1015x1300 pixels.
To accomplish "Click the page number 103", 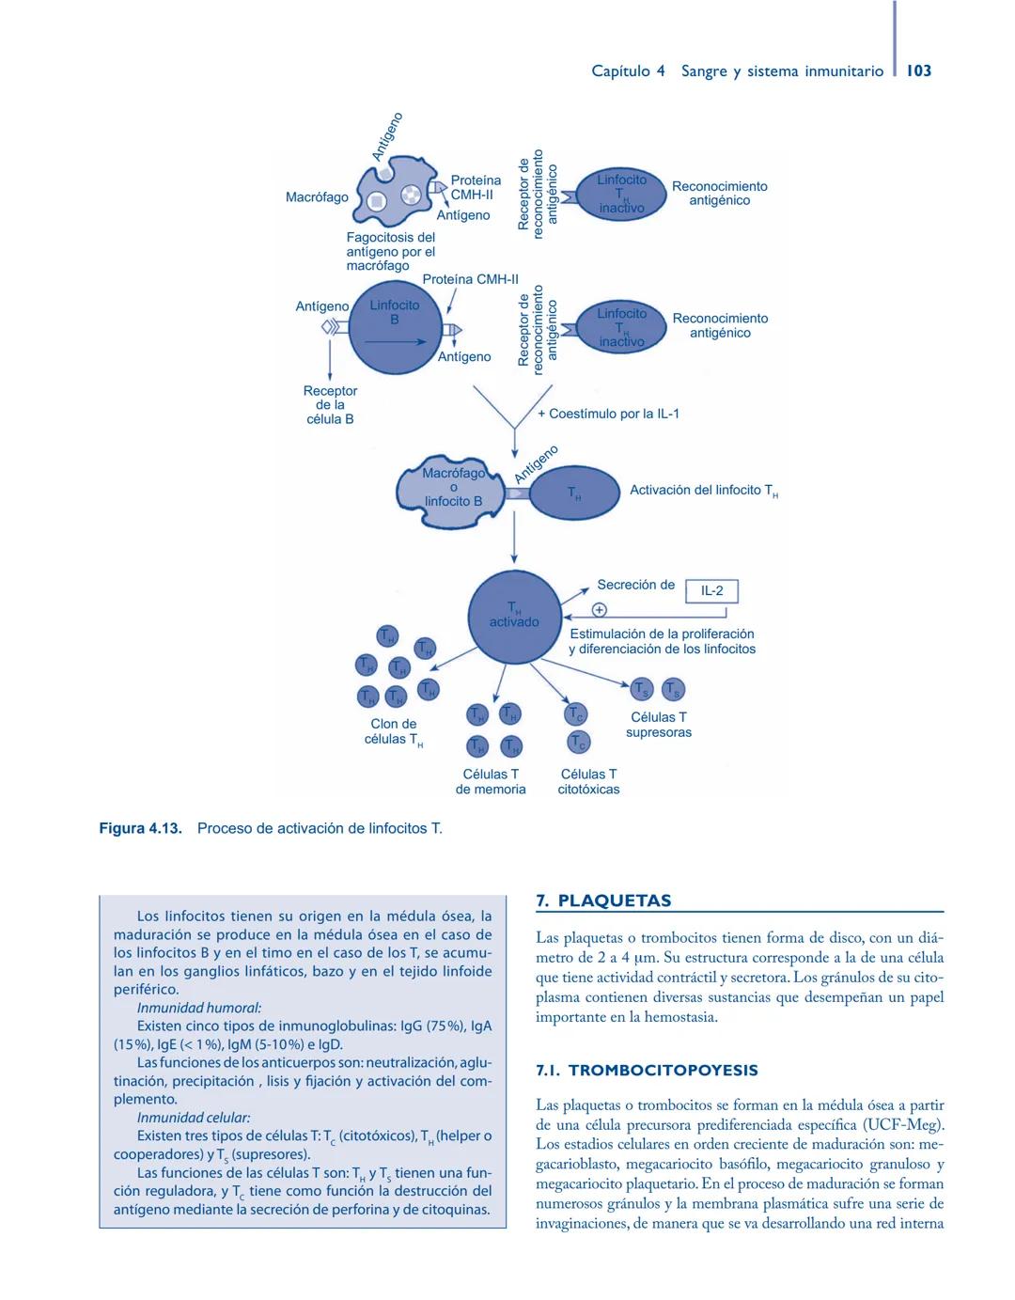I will [919, 70].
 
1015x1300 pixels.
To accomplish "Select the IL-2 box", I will [711, 591].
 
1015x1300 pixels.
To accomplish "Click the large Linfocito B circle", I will [396, 328].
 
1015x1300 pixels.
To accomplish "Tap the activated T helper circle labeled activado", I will [514, 616].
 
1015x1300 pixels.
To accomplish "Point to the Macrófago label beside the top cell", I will [317, 197].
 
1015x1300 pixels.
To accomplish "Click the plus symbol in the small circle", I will [599, 610].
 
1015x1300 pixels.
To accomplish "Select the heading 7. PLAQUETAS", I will [603, 901].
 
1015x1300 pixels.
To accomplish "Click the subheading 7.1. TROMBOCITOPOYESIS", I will [647, 1071].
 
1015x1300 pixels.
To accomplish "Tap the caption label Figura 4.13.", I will [140, 828].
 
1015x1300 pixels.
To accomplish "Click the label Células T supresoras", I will [659, 725].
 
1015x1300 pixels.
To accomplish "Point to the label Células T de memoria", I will [491, 781].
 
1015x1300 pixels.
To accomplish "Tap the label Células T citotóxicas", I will [588, 781].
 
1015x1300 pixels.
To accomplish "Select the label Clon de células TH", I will [394, 731].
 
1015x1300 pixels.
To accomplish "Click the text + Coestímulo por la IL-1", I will [608, 414].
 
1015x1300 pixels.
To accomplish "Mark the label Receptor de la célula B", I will [330, 405].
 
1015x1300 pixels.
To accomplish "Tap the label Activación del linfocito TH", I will [703, 491].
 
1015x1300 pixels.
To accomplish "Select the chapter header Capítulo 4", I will [628, 70].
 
